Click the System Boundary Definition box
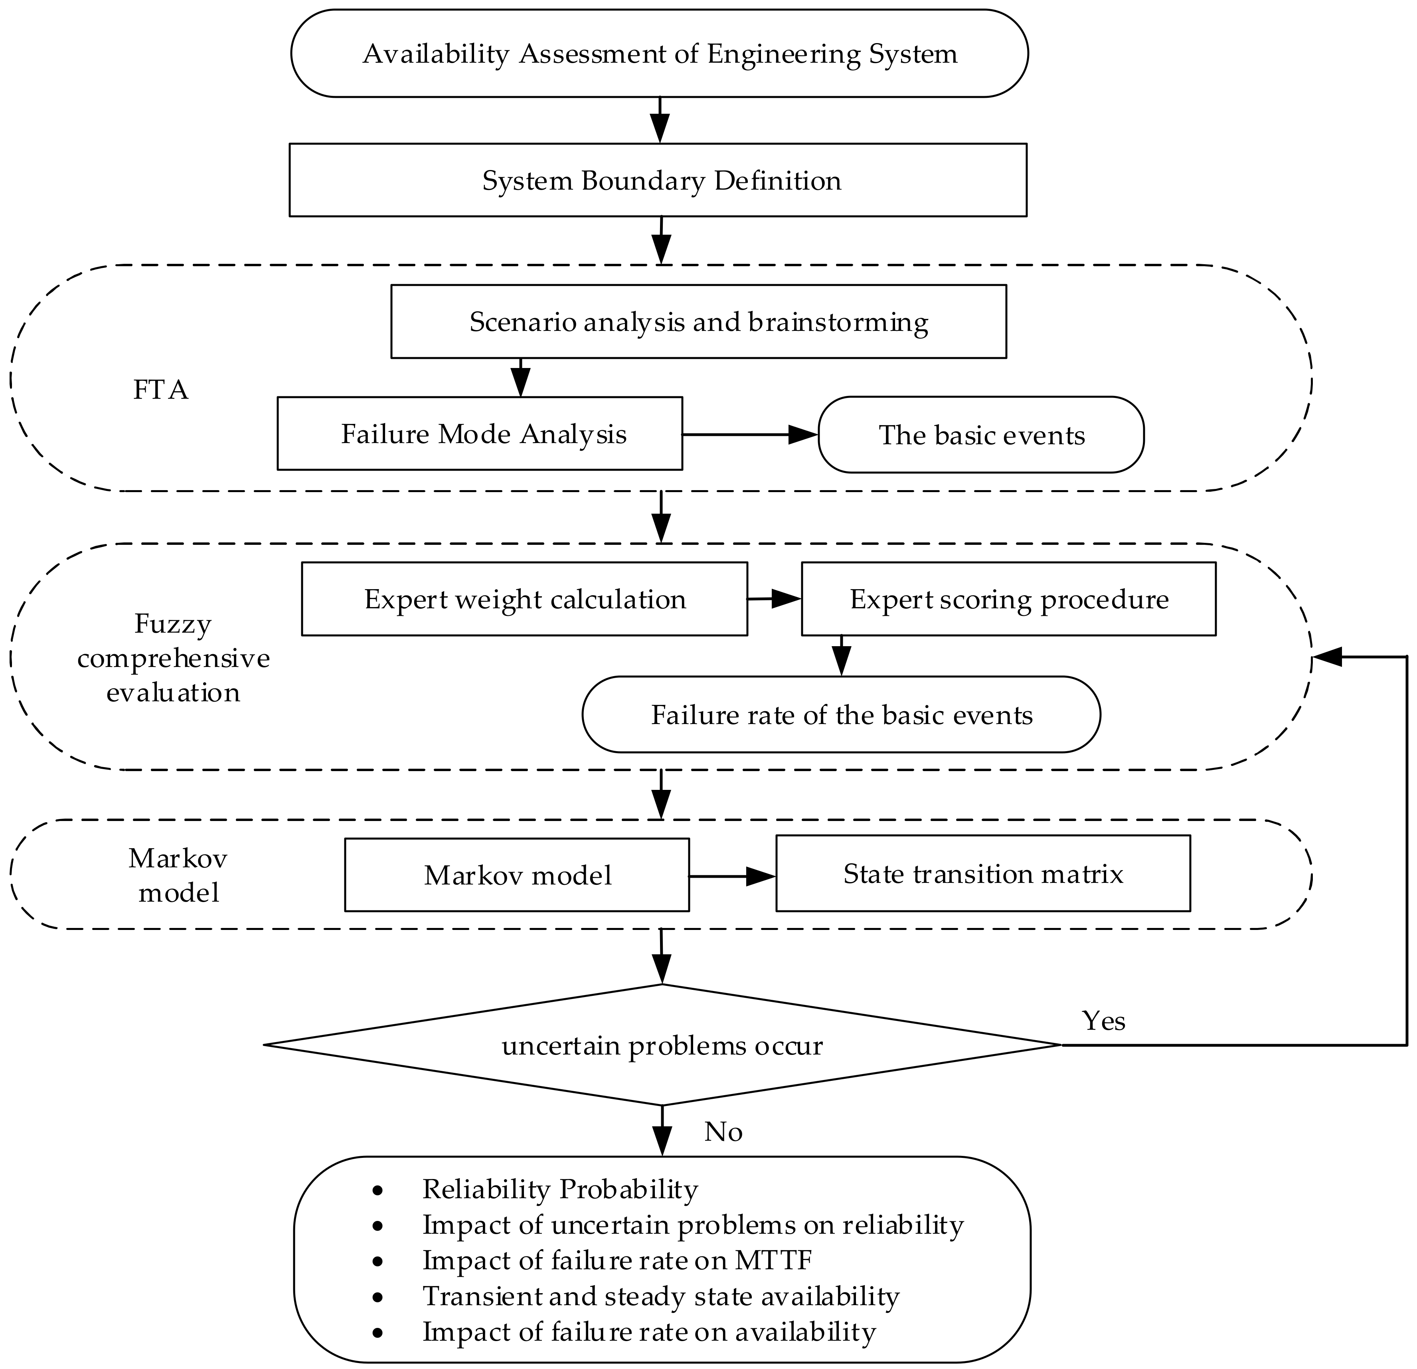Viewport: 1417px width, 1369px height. [x=658, y=179]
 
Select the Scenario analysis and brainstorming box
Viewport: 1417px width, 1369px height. [x=698, y=321]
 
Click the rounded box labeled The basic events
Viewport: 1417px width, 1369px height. [x=981, y=435]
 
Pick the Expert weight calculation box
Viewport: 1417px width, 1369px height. [x=524, y=599]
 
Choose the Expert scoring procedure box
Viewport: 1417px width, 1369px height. [x=1008, y=599]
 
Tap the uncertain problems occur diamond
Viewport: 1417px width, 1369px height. [x=662, y=1045]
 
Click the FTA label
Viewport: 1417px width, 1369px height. [x=160, y=390]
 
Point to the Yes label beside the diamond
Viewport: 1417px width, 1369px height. [x=1103, y=1021]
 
